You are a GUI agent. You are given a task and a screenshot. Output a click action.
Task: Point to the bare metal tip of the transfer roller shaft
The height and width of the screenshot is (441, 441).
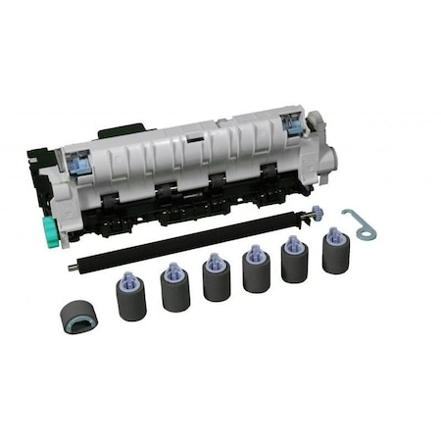click(72, 265)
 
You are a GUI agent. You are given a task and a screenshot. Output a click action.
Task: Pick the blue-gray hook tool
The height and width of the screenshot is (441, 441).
click(359, 220)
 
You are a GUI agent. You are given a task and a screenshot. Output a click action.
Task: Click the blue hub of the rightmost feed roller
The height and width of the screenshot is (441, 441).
click(335, 235)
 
